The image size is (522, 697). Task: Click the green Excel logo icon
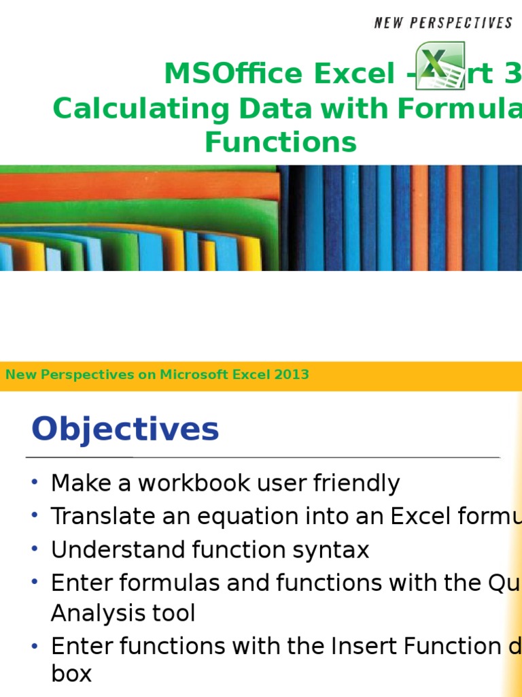click(440, 65)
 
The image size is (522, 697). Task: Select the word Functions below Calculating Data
click(280, 142)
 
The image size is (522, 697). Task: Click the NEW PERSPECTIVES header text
click(443, 23)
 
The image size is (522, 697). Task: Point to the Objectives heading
click(125, 429)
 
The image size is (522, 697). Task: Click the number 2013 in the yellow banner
click(294, 374)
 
